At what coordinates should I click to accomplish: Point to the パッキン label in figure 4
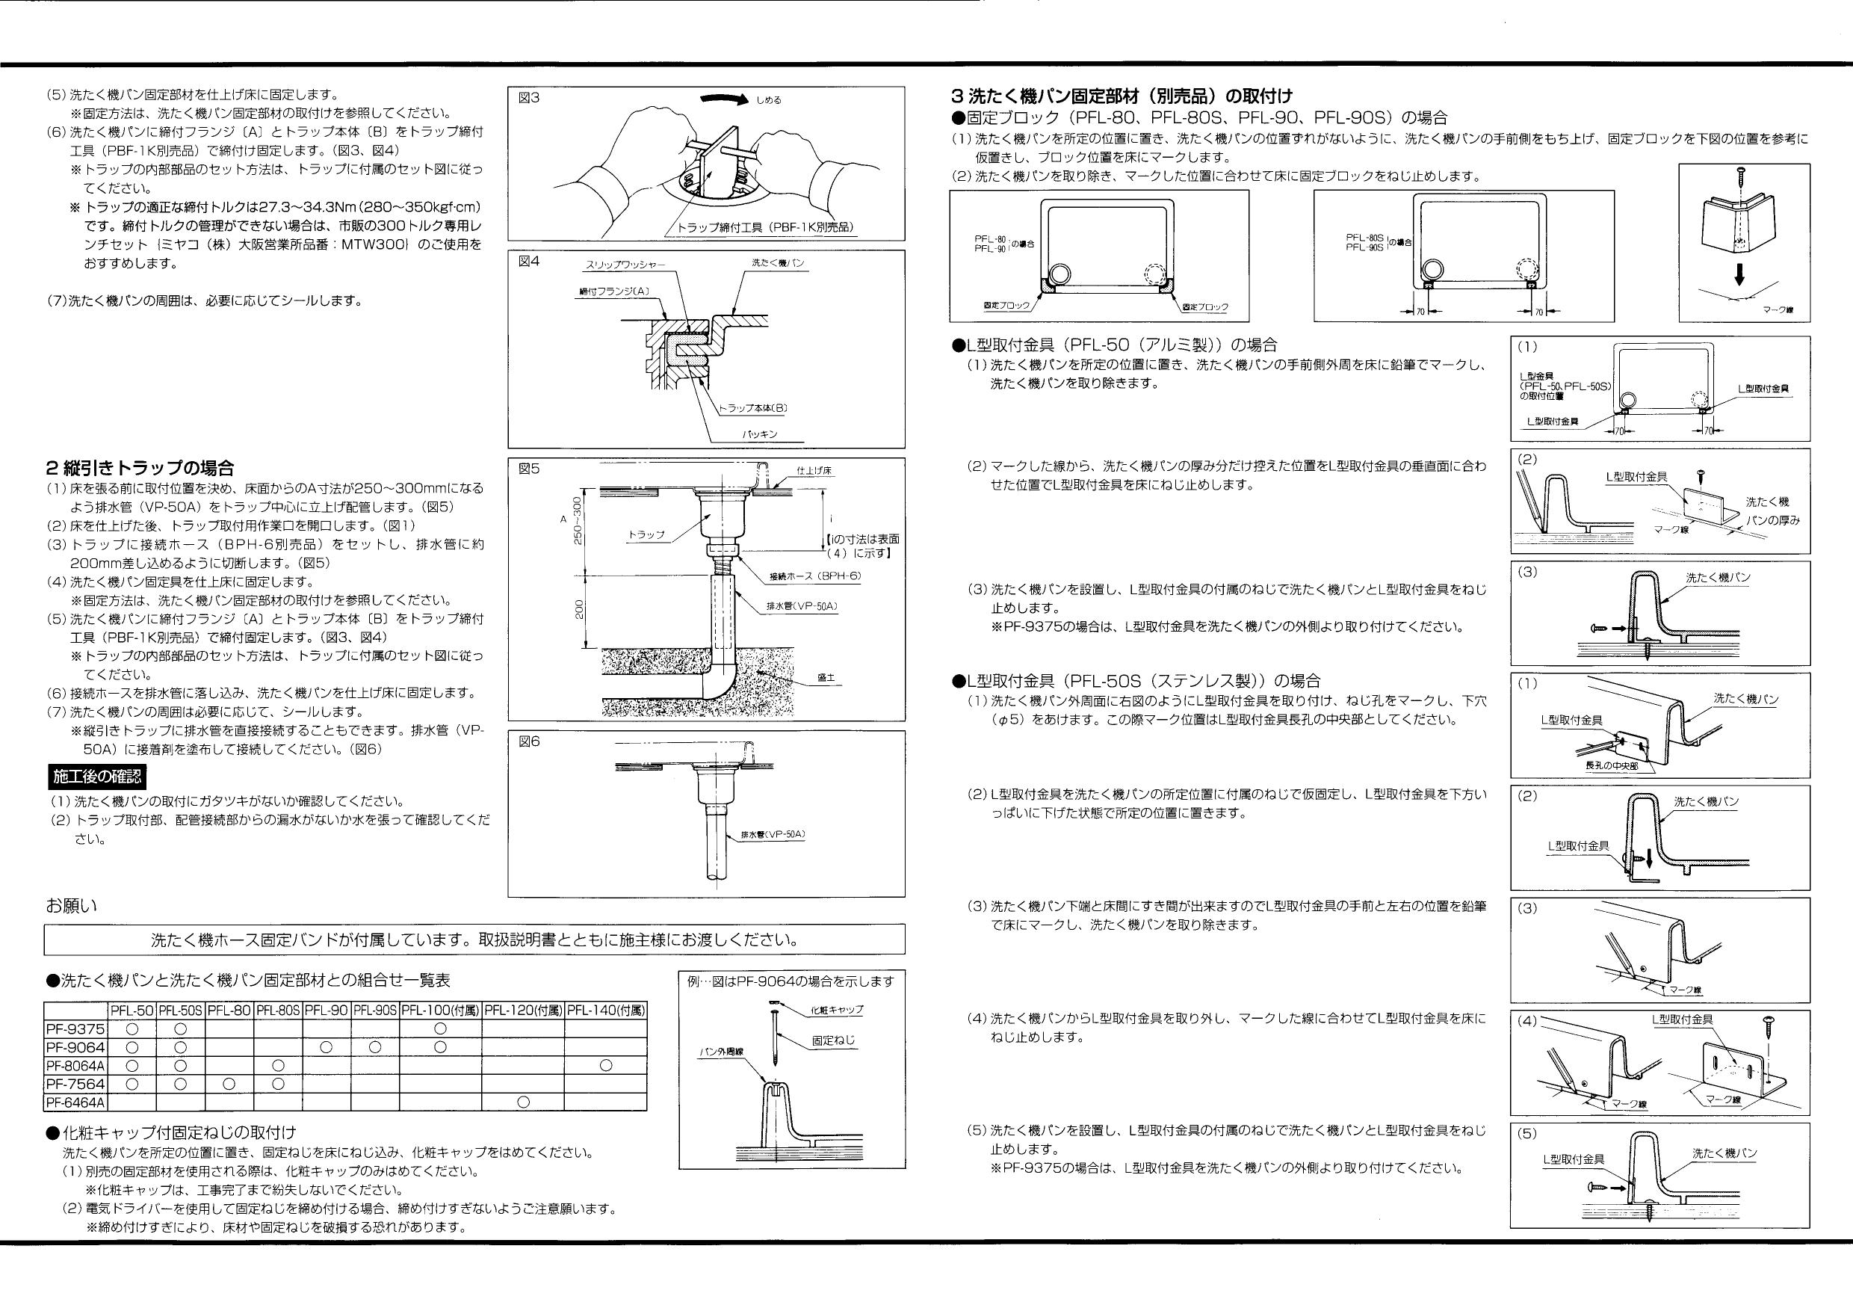(x=759, y=434)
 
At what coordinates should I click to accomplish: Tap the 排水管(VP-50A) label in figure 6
(x=773, y=834)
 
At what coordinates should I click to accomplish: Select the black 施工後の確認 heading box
(x=97, y=777)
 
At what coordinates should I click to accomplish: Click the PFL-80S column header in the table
(x=278, y=1011)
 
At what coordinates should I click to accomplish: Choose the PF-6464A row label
(x=76, y=1102)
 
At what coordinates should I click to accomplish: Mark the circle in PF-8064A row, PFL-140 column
(x=605, y=1066)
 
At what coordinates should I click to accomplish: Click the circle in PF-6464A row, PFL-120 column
(x=522, y=1102)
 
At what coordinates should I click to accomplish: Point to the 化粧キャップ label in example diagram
(x=836, y=1010)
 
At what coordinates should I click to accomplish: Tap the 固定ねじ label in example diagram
(x=833, y=1041)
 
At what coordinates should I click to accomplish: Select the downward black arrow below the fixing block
(x=1739, y=276)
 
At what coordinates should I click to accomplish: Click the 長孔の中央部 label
(x=1612, y=765)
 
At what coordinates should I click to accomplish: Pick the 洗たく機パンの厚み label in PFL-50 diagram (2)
(x=1772, y=511)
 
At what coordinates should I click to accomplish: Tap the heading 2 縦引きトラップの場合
(x=140, y=467)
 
